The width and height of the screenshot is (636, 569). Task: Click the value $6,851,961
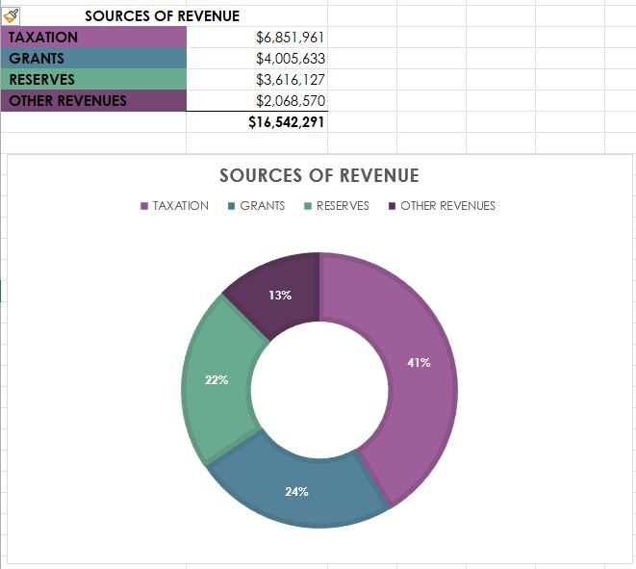(x=291, y=38)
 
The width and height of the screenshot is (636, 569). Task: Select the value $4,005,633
(x=291, y=59)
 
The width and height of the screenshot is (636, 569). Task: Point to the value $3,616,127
(x=291, y=80)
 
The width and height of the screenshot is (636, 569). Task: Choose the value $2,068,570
(x=291, y=100)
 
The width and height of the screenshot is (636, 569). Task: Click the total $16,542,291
(x=287, y=122)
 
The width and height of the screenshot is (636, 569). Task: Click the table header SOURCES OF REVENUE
(x=162, y=16)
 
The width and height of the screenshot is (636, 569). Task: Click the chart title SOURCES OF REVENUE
(x=318, y=175)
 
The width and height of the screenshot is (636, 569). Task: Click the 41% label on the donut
(x=420, y=363)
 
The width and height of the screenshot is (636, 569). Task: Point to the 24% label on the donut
(x=296, y=492)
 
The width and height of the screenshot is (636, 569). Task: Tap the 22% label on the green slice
(x=216, y=380)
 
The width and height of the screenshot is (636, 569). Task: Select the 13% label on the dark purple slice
(x=280, y=296)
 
